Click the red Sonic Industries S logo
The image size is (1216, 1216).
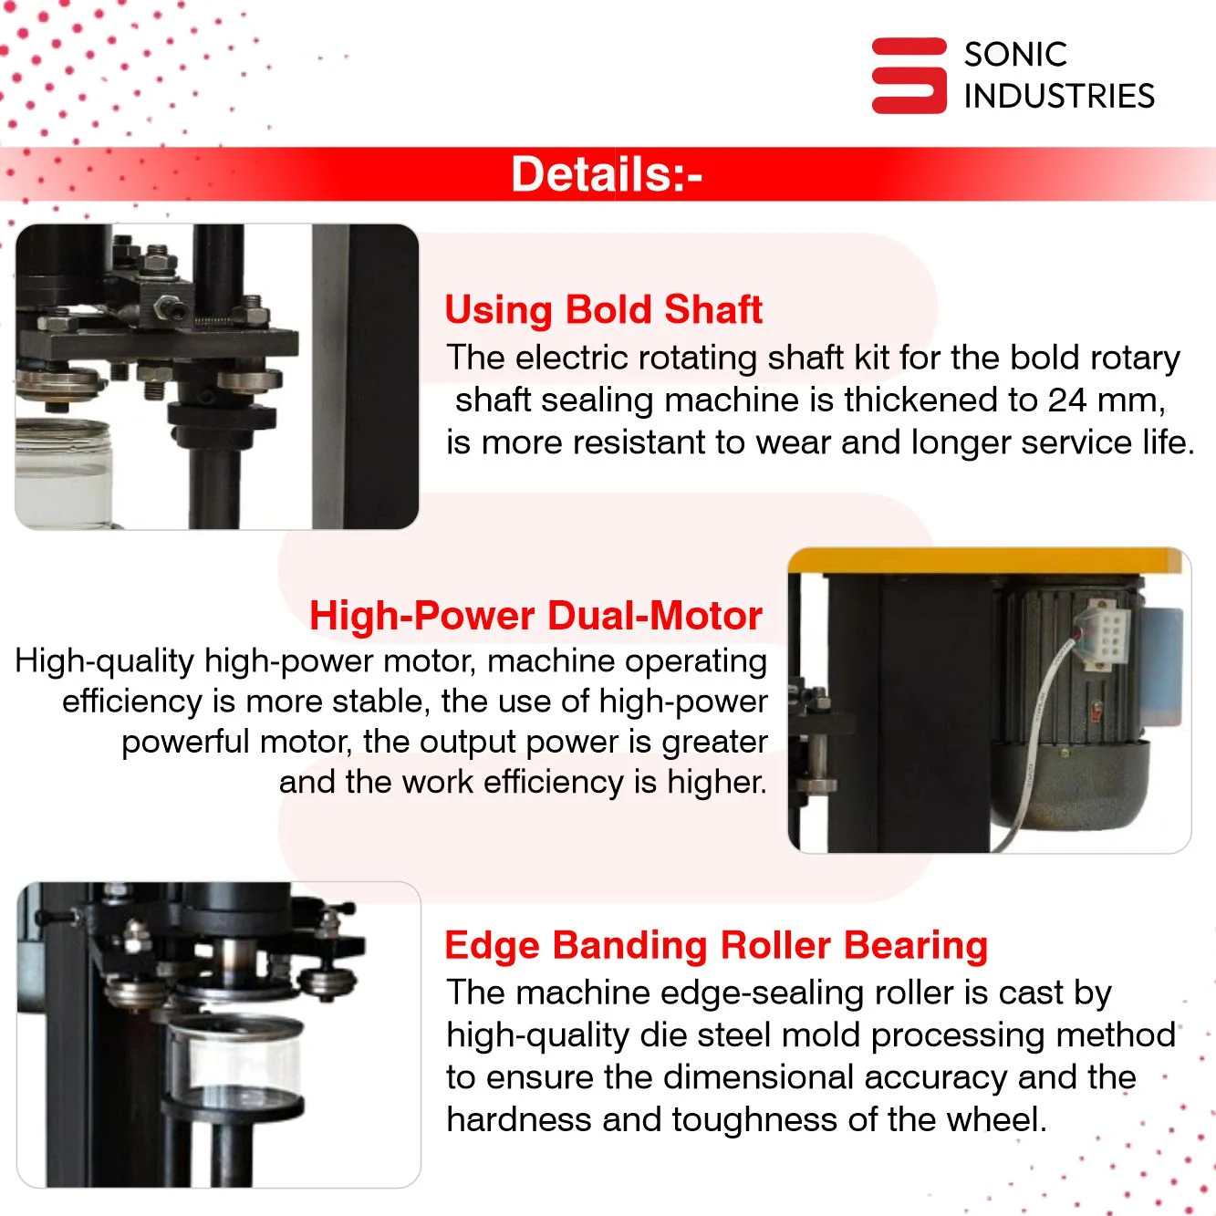point(909,76)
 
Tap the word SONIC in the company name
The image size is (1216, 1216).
point(1015,54)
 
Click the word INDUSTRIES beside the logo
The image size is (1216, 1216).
point(1059,96)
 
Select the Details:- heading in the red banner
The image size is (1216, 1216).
point(607,174)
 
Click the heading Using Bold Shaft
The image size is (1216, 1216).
point(604,309)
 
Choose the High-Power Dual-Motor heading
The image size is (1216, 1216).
point(535,615)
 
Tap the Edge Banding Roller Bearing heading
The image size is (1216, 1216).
point(716,945)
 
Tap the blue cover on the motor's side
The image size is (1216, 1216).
point(1164,665)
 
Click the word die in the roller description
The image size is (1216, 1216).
point(662,1035)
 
